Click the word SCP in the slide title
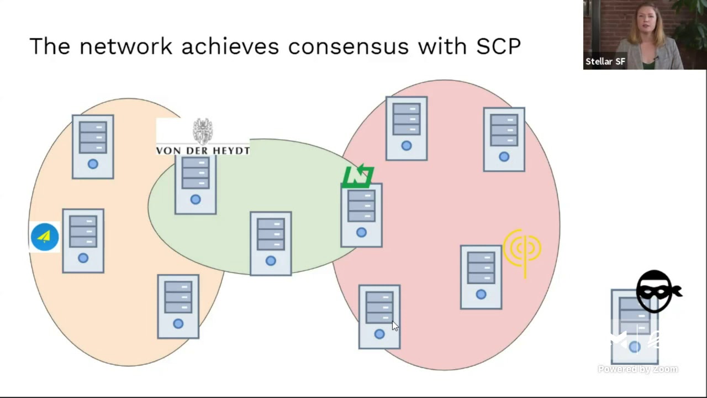(498, 46)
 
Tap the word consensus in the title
(349, 46)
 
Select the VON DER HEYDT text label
(203, 150)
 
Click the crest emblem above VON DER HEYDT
(203, 132)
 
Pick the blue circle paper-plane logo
(45, 237)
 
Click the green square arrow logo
(358, 176)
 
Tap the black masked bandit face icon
(658, 291)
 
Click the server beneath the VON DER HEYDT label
(196, 185)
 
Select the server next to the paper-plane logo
(83, 240)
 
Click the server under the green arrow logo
(362, 215)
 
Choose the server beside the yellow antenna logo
(481, 277)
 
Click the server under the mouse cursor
(379, 317)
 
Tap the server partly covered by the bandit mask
(635, 327)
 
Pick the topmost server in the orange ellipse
(93, 147)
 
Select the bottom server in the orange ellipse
(178, 307)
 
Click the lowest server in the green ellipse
(271, 244)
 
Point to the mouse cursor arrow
(395, 326)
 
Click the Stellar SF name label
(605, 61)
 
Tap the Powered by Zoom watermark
(638, 369)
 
